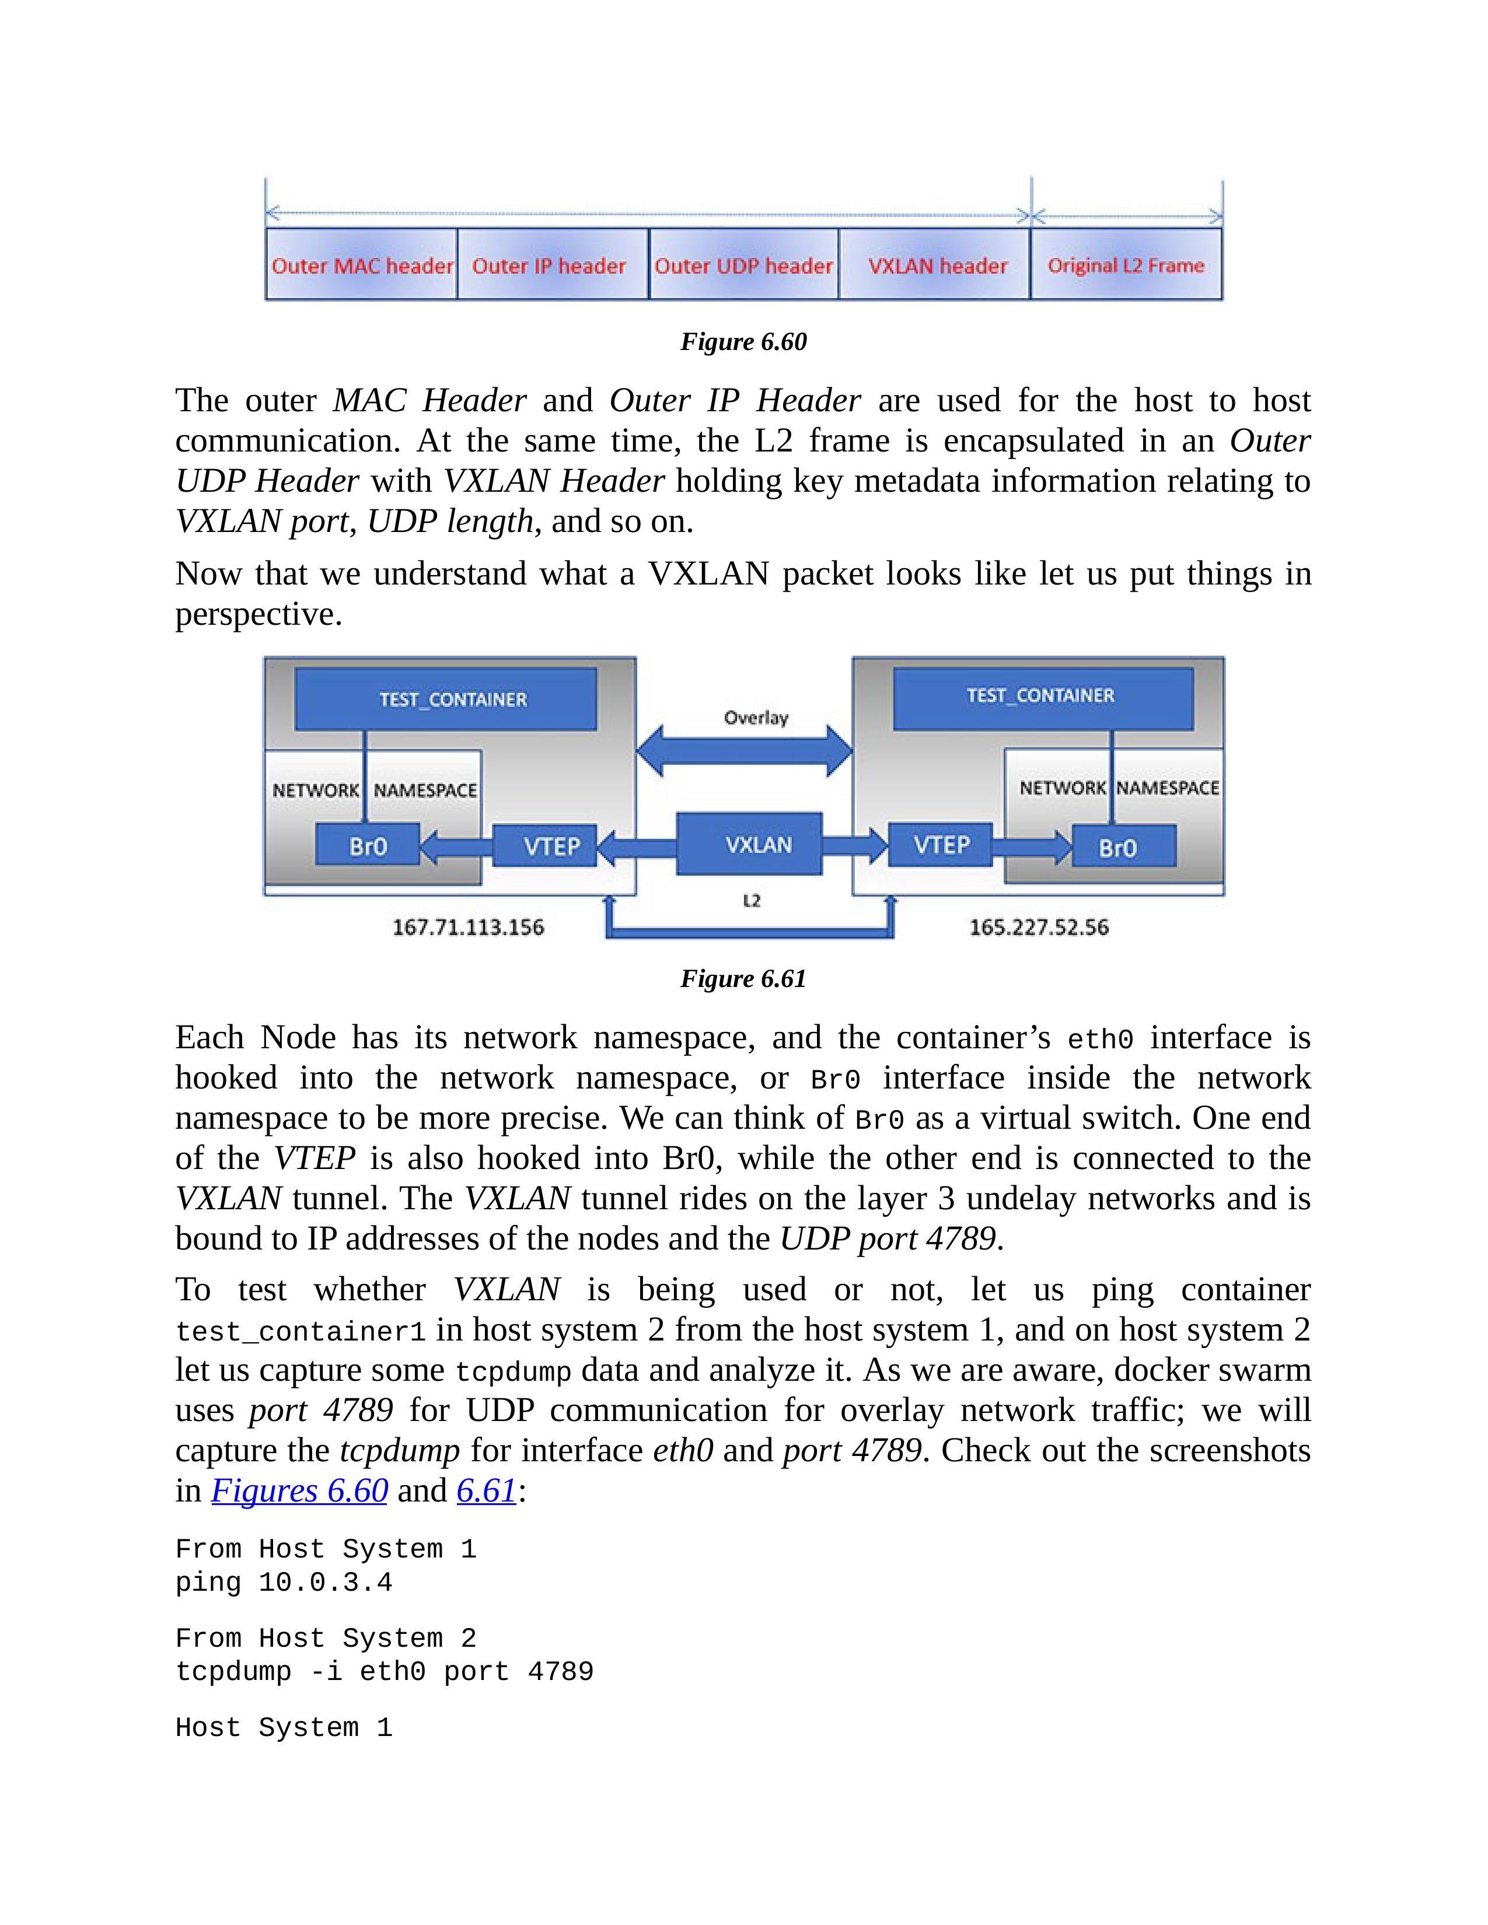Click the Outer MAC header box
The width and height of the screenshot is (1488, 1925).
361,264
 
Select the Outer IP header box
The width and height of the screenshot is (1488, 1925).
553,264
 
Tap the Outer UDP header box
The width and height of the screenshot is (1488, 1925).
744,264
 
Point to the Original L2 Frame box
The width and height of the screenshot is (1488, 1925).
1127,264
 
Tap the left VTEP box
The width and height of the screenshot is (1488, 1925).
545,846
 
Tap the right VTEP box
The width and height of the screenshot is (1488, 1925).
941,845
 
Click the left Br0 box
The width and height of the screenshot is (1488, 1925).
368,846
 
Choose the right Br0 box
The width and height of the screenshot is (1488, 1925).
1124,846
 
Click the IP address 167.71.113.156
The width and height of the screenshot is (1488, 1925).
468,928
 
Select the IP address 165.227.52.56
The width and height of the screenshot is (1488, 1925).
1039,928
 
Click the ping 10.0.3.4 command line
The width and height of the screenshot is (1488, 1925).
284,1583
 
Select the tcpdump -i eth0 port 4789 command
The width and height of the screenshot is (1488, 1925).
385,1672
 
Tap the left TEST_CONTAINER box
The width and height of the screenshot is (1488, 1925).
445,699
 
